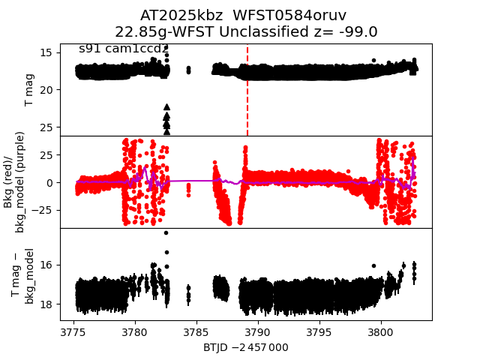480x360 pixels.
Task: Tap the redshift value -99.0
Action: coord(358,32)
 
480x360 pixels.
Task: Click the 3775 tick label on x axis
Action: coord(73,331)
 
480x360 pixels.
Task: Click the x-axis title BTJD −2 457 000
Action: coord(245,347)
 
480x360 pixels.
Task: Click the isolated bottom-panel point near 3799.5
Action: coord(373,265)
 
